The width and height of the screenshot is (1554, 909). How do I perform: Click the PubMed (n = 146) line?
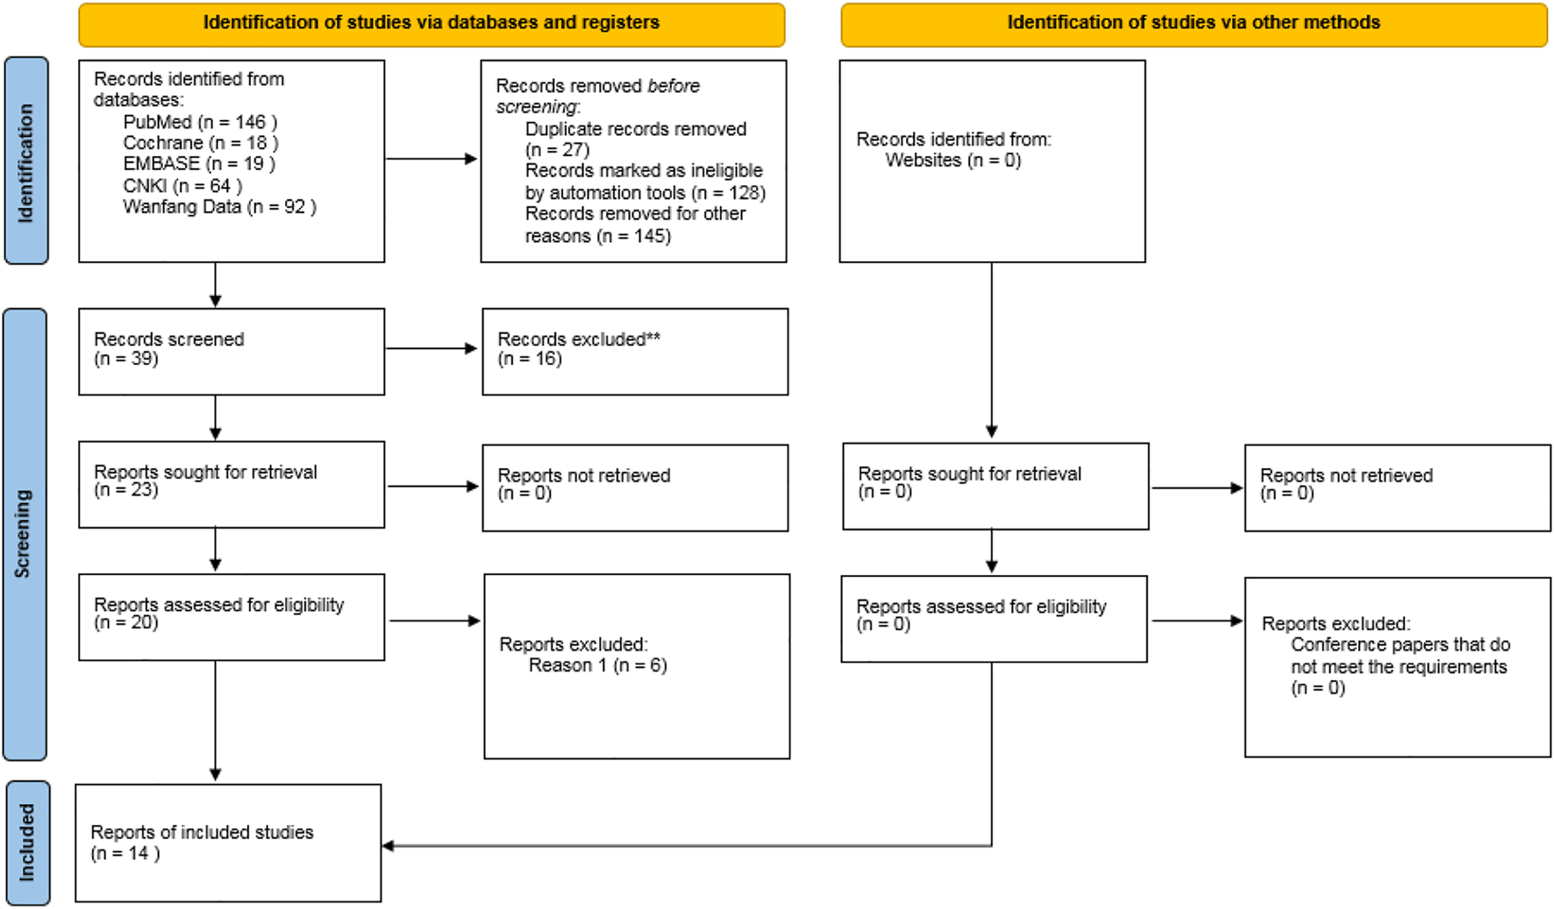pyautogui.click(x=200, y=122)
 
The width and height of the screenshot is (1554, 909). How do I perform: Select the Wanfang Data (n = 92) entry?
pyautogui.click(x=219, y=207)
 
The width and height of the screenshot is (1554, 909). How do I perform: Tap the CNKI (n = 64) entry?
pyautogui.click(x=182, y=186)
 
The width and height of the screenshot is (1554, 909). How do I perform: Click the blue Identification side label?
pyautogui.click(x=26, y=161)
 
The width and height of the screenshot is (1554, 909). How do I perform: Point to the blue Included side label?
pyautogui.click(x=27, y=842)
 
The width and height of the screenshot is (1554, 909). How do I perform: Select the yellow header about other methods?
pyautogui.click(x=1193, y=24)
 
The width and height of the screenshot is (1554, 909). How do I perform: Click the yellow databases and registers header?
pyautogui.click(x=431, y=24)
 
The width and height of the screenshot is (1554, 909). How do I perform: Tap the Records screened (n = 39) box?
pyautogui.click(x=232, y=351)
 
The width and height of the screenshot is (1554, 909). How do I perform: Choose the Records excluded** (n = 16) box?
pyautogui.click(x=635, y=351)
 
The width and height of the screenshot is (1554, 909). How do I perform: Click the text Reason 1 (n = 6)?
pyautogui.click(x=597, y=665)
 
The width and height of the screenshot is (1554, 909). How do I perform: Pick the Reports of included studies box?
pyautogui.click(x=228, y=842)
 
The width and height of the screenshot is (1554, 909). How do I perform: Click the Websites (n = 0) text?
pyautogui.click(x=952, y=160)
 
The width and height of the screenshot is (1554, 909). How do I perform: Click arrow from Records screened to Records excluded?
pyautogui.click(x=431, y=349)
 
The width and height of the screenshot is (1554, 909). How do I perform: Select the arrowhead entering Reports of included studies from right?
pyautogui.click(x=388, y=846)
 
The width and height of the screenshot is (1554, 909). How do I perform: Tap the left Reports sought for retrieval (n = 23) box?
pyautogui.click(x=232, y=484)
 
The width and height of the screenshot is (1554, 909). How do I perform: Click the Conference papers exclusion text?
pyautogui.click(x=1400, y=656)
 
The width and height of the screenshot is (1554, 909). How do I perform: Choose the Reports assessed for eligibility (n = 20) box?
pyautogui.click(x=232, y=616)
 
